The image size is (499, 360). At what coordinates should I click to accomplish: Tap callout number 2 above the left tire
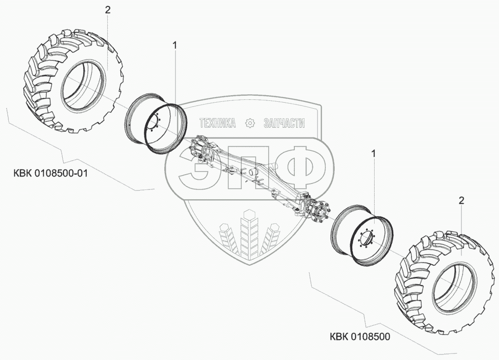click(108, 9)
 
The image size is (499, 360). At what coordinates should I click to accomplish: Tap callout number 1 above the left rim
click(175, 45)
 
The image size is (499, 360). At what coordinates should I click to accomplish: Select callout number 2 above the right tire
click(461, 201)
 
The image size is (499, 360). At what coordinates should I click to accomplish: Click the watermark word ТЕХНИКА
click(217, 123)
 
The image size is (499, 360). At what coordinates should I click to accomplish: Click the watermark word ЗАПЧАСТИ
click(284, 123)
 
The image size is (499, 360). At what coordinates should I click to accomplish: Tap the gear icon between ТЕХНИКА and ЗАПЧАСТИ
click(250, 123)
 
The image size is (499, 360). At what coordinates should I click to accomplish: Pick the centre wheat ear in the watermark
click(250, 232)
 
